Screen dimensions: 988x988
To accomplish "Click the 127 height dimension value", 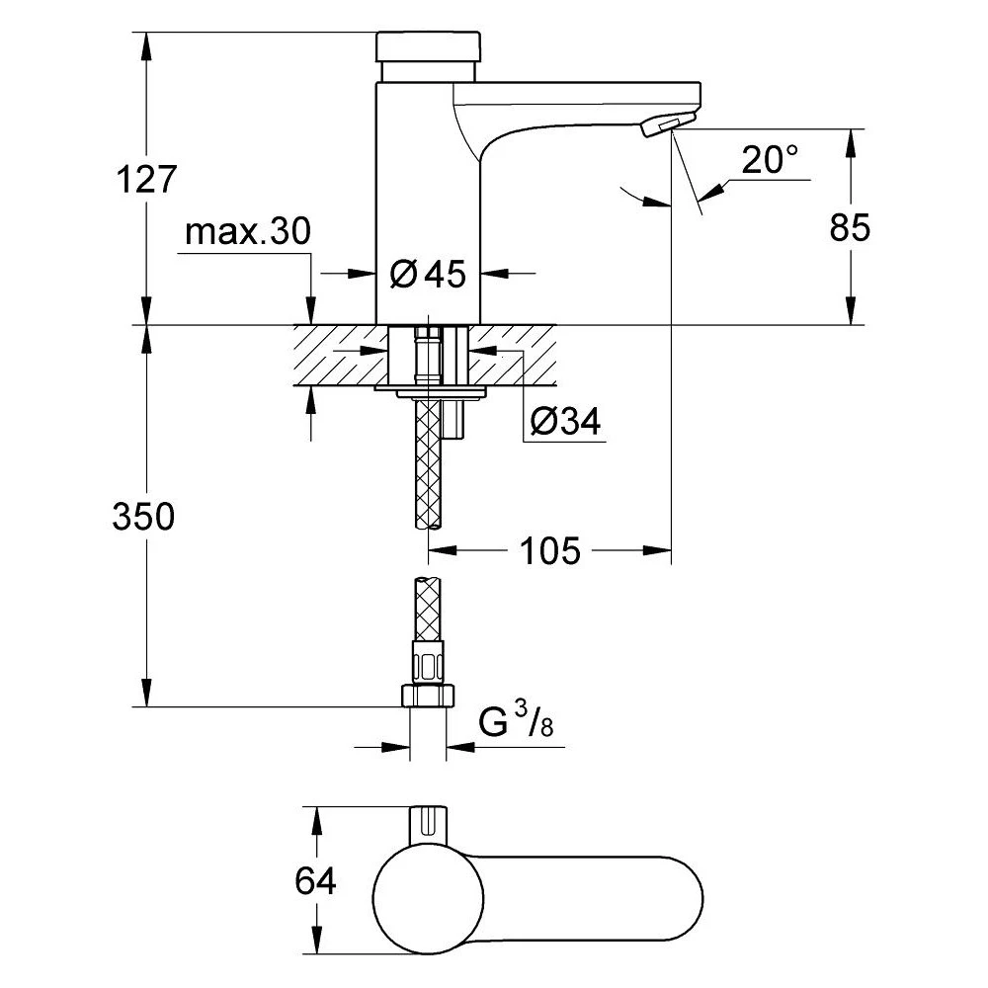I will coord(145,180).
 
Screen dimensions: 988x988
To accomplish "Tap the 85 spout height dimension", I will coord(850,227).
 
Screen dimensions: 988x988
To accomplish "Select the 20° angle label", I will coord(770,160).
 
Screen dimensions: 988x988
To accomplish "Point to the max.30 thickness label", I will coord(247,232).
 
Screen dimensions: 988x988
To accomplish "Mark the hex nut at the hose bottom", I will coord(428,695).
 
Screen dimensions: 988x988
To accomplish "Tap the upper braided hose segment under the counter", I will coord(428,464).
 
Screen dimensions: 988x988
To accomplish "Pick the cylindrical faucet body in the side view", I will coord(428,198).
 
